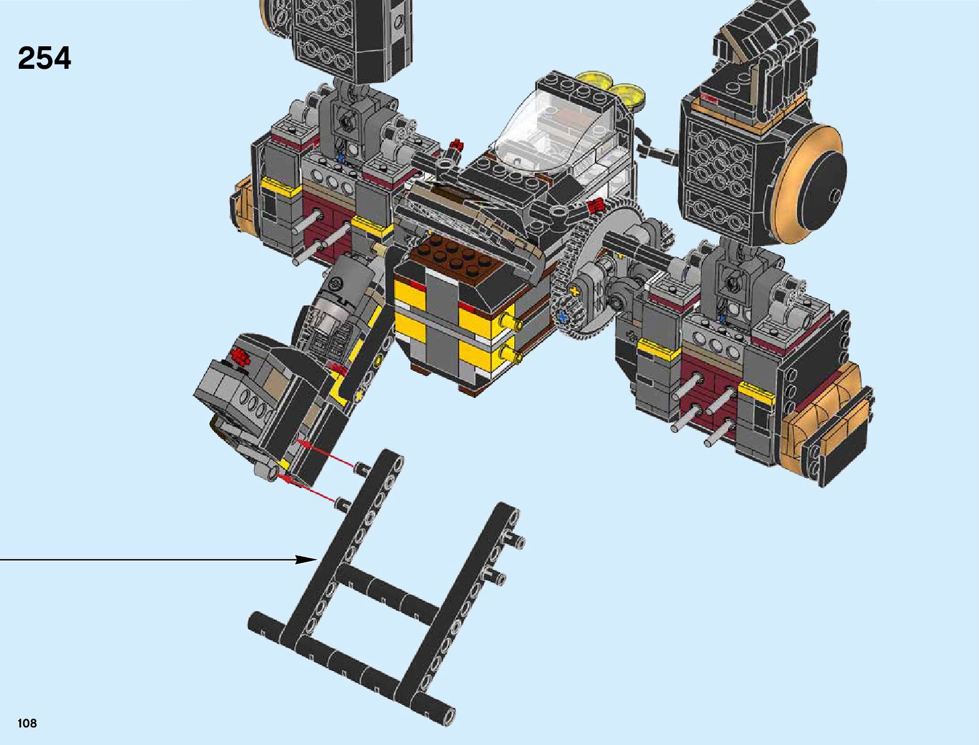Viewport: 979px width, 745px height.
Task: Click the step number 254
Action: [44, 58]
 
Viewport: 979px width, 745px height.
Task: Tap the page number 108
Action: [27, 723]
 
